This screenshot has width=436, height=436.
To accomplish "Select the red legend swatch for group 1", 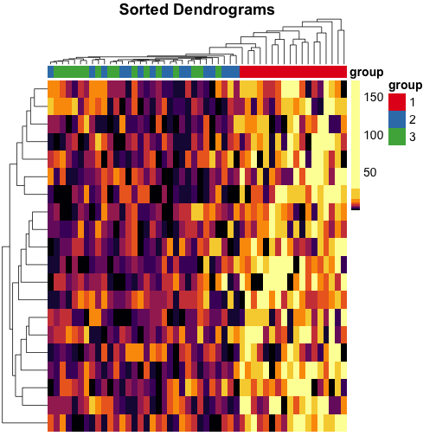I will (x=396, y=102).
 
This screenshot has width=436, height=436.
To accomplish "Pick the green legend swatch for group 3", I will (x=396, y=136).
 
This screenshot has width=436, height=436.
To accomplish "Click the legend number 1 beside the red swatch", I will (x=414, y=103).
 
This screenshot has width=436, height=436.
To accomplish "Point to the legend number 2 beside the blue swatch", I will (x=414, y=119).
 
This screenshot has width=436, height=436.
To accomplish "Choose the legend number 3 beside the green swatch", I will (x=414, y=136).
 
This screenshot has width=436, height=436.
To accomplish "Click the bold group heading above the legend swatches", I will (x=405, y=86).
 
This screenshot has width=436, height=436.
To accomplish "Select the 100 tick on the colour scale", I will (x=373, y=136).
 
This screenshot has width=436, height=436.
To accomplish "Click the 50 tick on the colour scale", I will (x=373, y=174).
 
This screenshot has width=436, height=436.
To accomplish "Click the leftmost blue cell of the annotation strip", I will (x=51, y=71).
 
